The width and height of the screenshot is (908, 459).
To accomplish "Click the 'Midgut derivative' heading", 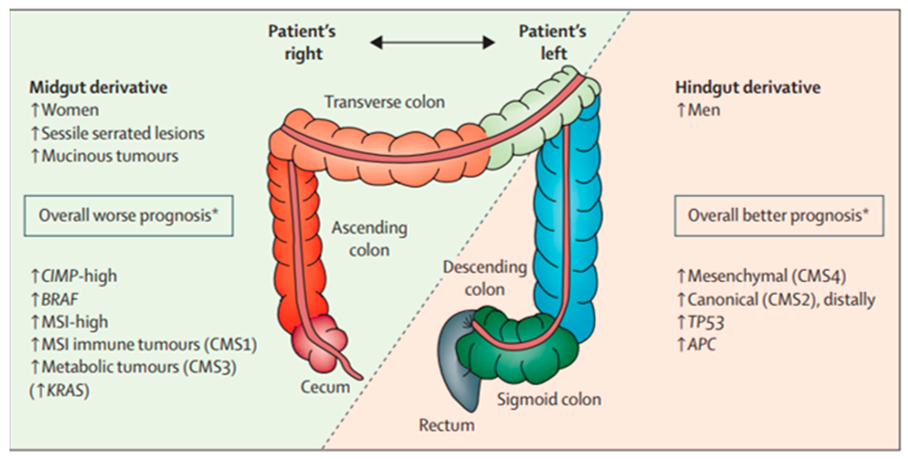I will [98, 87].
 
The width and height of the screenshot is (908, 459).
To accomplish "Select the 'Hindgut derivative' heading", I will [748, 87].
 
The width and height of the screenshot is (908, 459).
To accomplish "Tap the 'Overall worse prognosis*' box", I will [129, 216].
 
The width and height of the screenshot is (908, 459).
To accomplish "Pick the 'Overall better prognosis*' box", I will [779, 216].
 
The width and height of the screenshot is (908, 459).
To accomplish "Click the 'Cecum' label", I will [325, 387].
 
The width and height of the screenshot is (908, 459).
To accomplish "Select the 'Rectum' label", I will [446, 425].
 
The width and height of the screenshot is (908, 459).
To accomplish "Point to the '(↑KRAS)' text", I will [59, 390].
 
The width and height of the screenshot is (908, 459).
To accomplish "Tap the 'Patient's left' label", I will [552, 43].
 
